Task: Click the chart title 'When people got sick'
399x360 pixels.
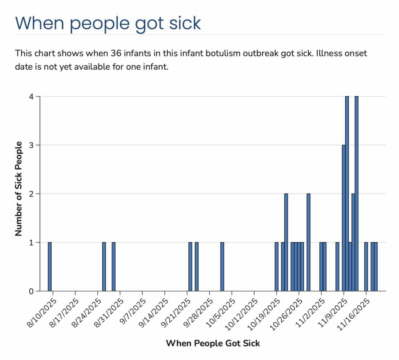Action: click(x=108, y=22)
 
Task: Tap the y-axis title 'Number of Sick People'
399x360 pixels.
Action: click(x=19, y=189)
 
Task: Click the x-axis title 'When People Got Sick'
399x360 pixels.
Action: click(x=213, y=343)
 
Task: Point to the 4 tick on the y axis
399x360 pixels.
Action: click(x=32, y=97)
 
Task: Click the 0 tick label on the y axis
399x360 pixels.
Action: click(x=32, y=291)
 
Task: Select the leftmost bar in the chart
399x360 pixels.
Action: click(x=50, y=266)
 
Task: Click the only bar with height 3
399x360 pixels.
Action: click(x=344, y=218)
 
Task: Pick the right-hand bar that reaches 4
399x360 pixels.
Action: click(x=357, y=194)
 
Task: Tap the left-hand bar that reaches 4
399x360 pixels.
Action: click(x=347, y=194)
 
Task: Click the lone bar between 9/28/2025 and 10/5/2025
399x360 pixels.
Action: click(x=222, y=266)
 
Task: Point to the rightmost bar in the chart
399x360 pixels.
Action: click(x=376, y=266)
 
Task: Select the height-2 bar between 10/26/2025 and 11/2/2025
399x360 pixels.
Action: click(x=308, y=242)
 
